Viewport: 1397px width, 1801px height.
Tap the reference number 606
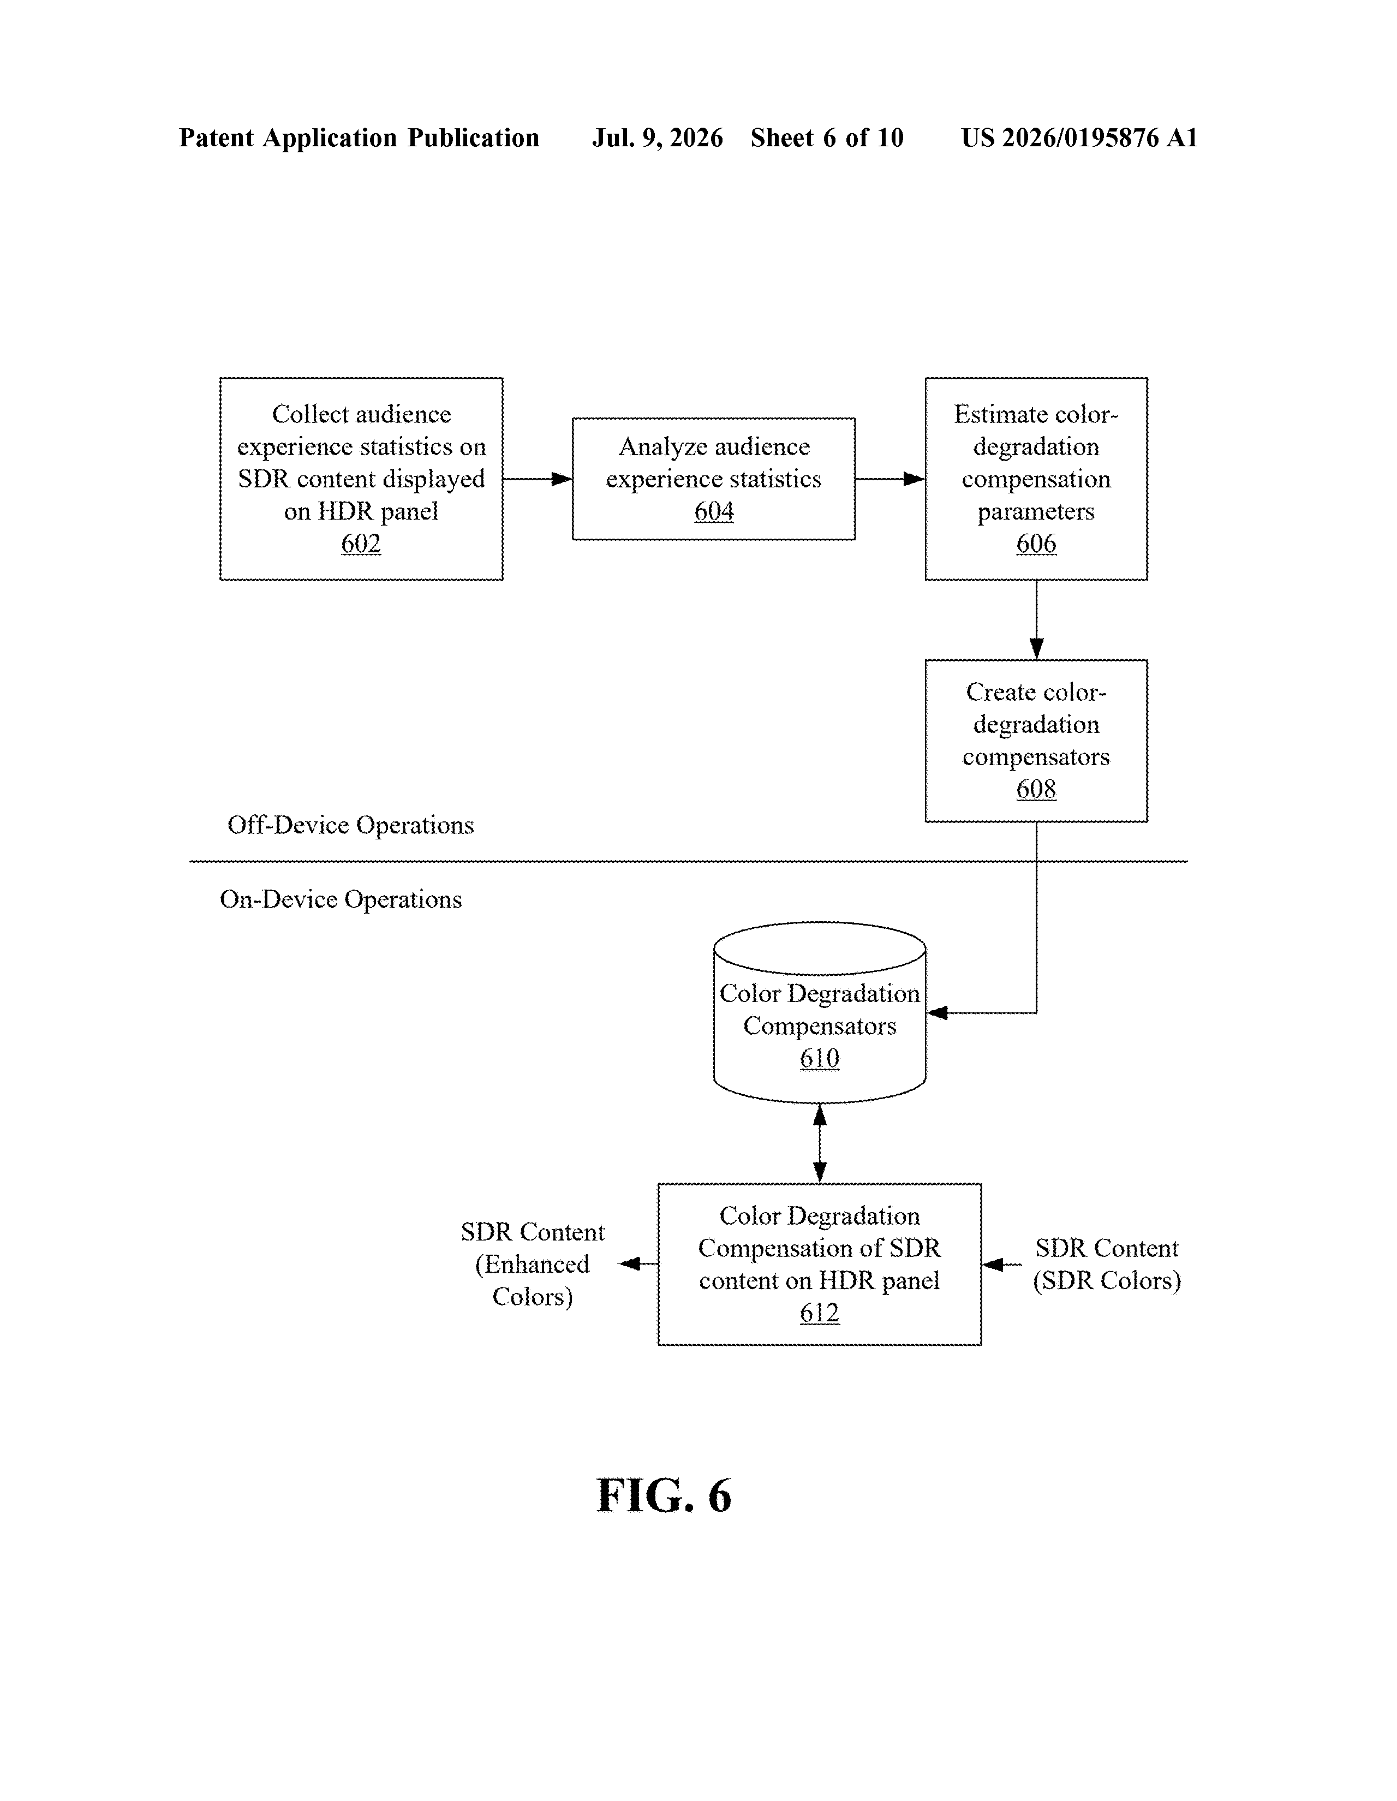click(1036, 544)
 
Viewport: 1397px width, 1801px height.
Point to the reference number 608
click(1036, 789)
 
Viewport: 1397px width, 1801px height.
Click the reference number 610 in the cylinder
click(819, 1059)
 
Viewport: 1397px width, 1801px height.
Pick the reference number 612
click(819, 1313)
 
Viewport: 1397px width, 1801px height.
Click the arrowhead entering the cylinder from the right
click(937, 1012)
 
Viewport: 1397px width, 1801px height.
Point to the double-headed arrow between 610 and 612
click(820, 1143)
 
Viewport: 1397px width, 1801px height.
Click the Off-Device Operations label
click(350, 825)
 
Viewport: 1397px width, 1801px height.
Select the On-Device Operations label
click(341, 899)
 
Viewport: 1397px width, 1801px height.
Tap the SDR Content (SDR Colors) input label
click(1107, 1264)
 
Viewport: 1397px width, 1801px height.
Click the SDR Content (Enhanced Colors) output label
click(533, 1264)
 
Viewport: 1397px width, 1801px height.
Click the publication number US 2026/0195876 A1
click(1079, 138)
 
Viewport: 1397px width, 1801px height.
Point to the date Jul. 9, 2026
click(657, 138)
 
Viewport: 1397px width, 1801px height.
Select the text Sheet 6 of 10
click(827, 138)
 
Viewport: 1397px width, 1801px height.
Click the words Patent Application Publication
click(360, 138)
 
